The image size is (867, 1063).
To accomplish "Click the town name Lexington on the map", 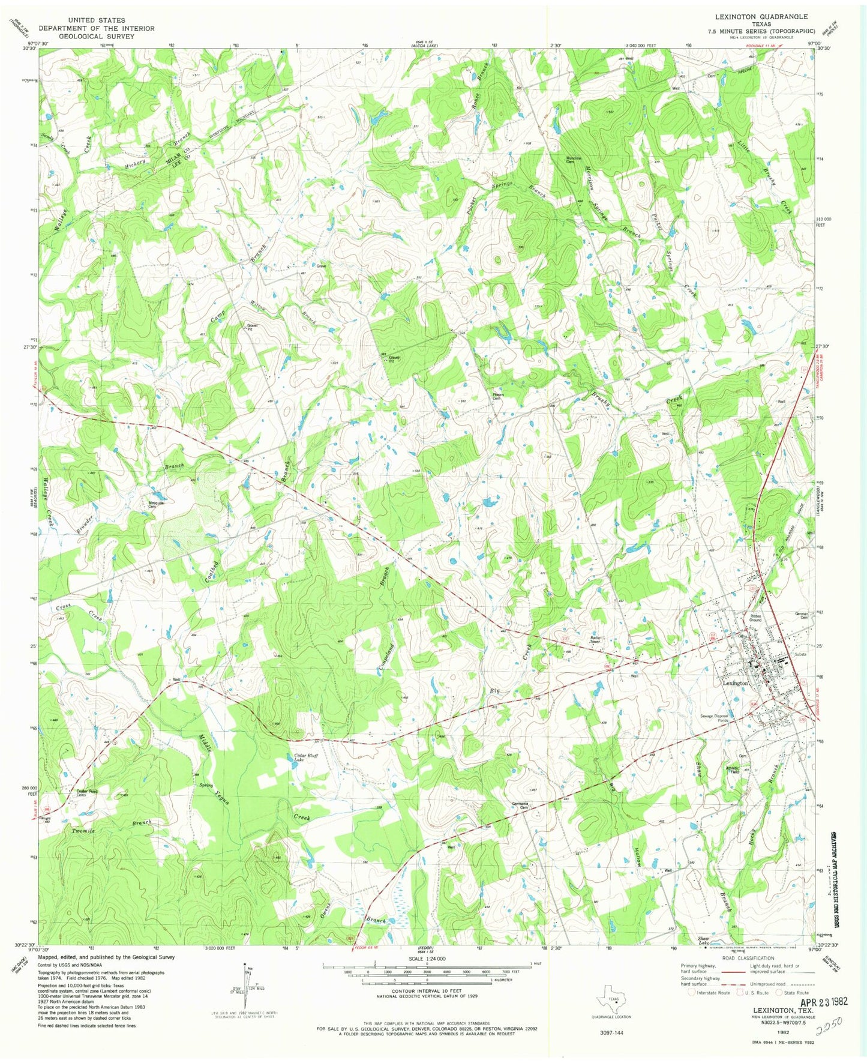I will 735,683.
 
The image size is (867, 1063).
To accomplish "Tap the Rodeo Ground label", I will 755,618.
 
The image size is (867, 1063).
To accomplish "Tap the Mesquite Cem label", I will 157,505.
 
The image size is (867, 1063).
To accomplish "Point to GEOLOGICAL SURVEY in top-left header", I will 97,36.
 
